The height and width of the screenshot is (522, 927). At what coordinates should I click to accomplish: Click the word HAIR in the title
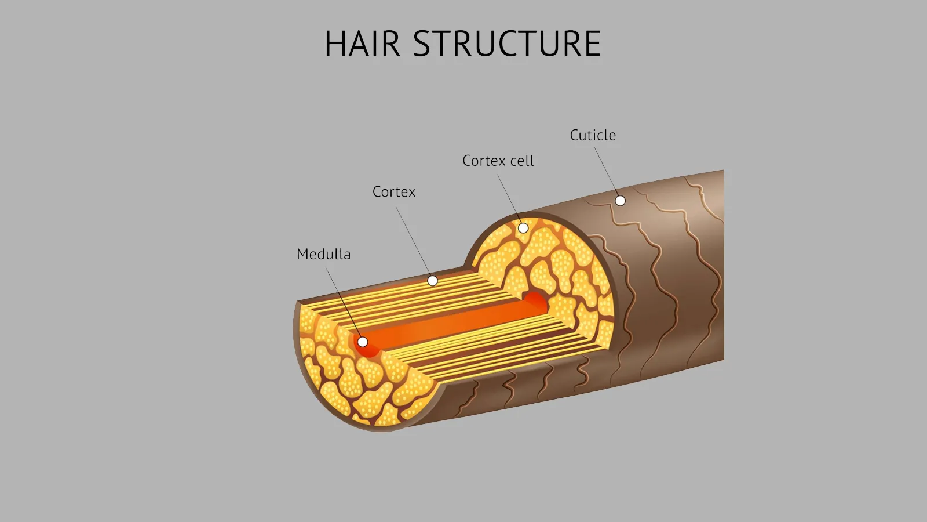362,44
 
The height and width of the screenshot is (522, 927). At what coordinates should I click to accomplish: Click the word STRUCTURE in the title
507,44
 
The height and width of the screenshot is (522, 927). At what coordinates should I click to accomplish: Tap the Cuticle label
593,135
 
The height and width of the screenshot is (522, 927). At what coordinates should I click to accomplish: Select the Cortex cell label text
498,161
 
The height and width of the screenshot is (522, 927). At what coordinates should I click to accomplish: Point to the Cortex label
394,192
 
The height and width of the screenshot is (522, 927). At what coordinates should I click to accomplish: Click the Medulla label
323,254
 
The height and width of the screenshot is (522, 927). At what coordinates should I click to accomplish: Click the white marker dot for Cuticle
620,201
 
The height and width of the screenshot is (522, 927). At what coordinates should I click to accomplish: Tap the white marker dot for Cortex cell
523,228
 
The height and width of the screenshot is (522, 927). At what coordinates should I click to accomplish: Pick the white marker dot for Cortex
432,281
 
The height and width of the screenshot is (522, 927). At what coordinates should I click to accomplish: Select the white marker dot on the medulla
363,342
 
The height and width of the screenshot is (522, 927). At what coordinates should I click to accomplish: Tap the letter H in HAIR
335,44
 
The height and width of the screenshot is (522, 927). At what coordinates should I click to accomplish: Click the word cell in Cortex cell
522,161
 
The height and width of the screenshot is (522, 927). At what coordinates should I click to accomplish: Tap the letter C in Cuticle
574,135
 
